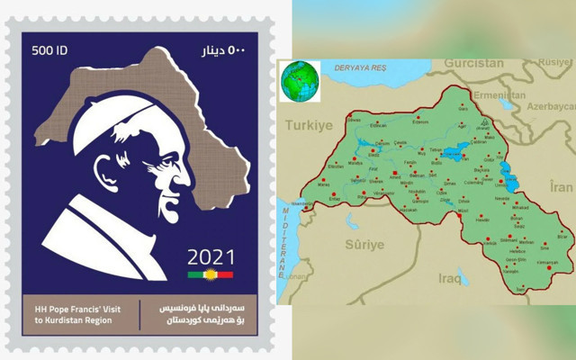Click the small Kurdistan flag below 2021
click(x=210, y=274)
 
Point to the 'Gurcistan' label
click(x=472, y=65)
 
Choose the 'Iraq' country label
click(x=449, y=278)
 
